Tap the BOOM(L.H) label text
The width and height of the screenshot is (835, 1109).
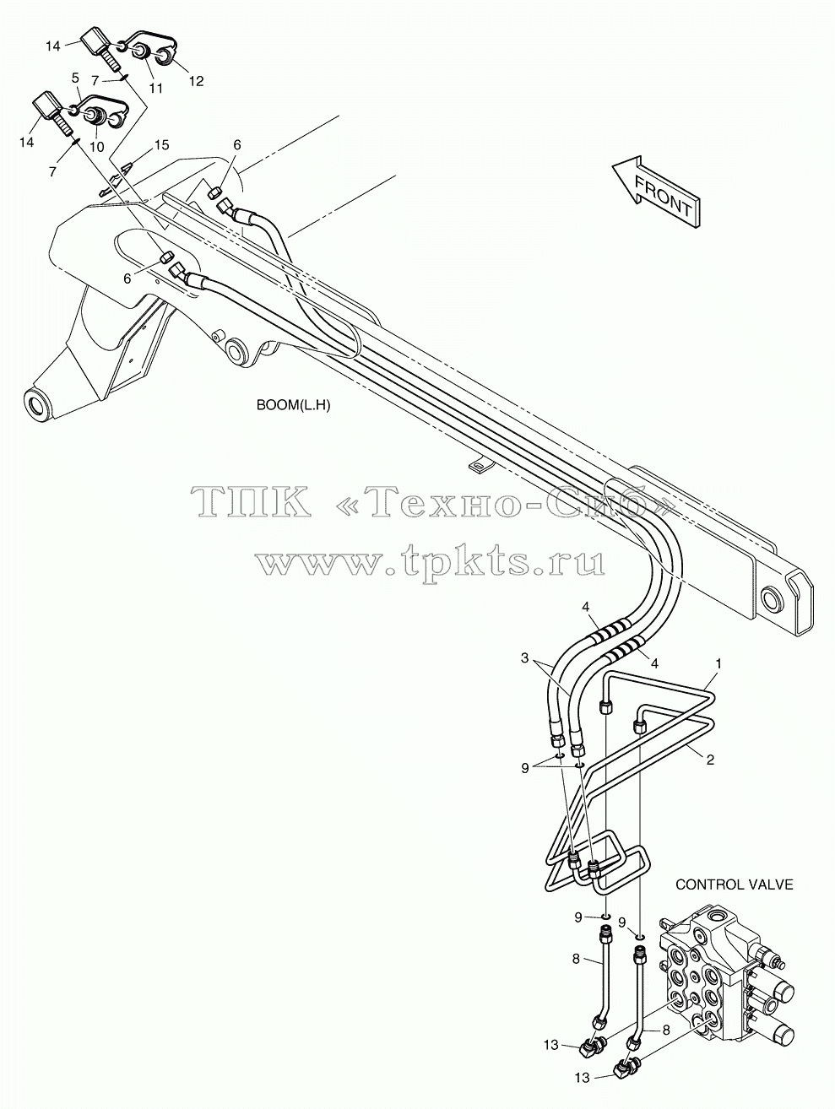pyautogui.click(x=293, y=406)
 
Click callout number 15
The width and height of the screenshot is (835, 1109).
pyautogui.click(x=162, y=145)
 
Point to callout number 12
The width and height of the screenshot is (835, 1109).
pyautogui.click(x=196, y=81)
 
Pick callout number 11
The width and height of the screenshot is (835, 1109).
pyautogui.click(x=156, y=88)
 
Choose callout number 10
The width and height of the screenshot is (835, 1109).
pyautogui.click(x=96, y=147)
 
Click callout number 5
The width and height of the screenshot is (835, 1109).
pyautogui.click(x=75, y=78)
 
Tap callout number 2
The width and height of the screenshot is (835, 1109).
pyautogui.click(x=710, y=760)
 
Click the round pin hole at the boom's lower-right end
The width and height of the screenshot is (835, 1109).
pyautogui.click(x=772, y=600)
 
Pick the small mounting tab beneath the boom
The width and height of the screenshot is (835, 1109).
pyautogui.click(x=480, y=465)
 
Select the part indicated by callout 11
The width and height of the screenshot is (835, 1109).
pyautogui.click(x=139, y=52)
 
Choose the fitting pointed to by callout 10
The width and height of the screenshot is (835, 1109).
pyautogui.click(x=95, y=116)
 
